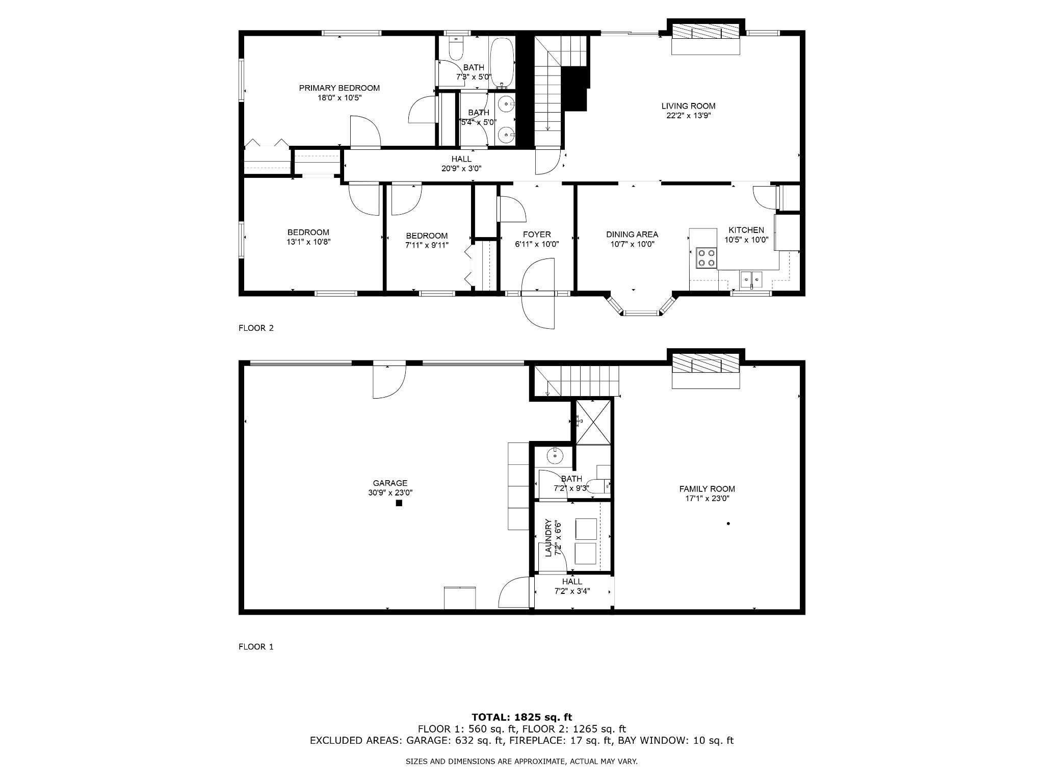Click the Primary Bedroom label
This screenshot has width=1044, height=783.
(x=339, y=88)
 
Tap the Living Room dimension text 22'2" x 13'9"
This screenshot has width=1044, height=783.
(x=688, y=115)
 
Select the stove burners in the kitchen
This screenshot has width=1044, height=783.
(x=706, y=258)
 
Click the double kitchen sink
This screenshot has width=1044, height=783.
(x=751, y=278)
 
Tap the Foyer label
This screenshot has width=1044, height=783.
(x=537, y=234)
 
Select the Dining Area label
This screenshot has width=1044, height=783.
(x=632, y=234)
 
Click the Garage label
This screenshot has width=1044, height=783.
(x=390, y=483)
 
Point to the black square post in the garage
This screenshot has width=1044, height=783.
(x=399, y=503)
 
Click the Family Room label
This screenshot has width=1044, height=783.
(x=707, y=489)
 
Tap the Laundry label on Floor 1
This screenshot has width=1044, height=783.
(x=549, y=538)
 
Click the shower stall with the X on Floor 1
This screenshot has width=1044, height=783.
(x=593, y=423)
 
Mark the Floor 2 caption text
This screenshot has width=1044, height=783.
(x=256, y=328)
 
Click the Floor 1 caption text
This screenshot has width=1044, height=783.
(x=256, y=647)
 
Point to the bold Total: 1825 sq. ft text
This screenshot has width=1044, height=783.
(x=521, y=718)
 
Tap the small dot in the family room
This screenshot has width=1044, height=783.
(x=728, y=524)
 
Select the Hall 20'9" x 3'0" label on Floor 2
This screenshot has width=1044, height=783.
(x=461, y=164)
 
